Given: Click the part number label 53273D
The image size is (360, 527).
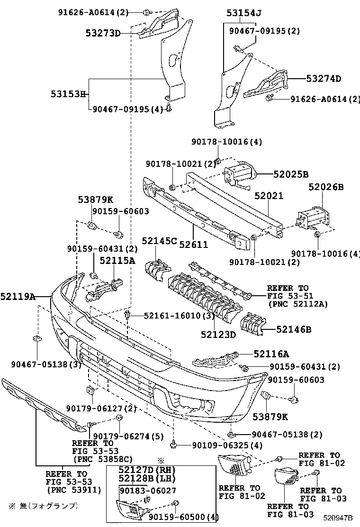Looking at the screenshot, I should [x=103, y=33].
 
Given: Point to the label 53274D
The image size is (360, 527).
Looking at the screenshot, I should [x=324, y=79].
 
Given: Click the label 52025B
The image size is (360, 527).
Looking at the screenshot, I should [x=291, y=174].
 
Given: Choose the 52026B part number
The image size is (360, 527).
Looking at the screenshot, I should [x=326, y=187].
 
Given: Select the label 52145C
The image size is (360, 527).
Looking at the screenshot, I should [x=159, y=241].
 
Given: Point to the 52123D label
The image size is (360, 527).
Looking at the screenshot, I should [x=217, y=335].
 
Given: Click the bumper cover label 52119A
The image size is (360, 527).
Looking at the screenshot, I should [x=18, y=297].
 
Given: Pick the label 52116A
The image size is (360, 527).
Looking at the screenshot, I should [x=271, y=354].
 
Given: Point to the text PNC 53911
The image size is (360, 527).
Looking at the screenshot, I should [x=73, y=490].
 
